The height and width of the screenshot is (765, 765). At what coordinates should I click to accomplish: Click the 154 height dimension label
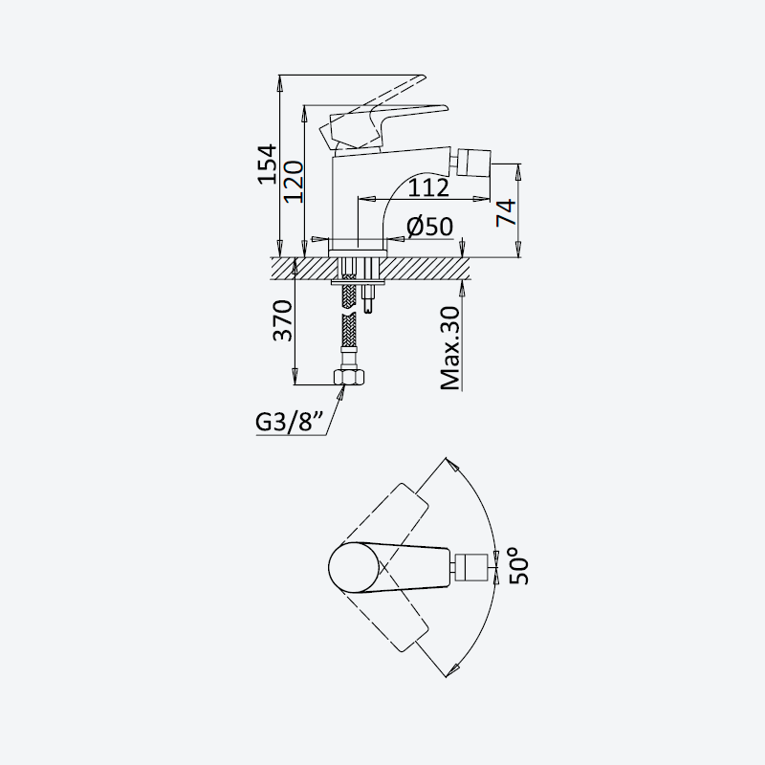[x=267, y=164]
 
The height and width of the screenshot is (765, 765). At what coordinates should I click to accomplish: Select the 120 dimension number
[x=294, y=182]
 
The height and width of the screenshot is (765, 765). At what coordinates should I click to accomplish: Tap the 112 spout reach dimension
[x=427, y=187]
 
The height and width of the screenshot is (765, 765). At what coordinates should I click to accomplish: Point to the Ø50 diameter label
[x=429, y=227]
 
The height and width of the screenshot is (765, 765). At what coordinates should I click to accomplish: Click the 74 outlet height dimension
[x=507, y=212]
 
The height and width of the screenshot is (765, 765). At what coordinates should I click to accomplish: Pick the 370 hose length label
[x=282, y=320]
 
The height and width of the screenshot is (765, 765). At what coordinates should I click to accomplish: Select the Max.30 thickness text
[x=449, y=348]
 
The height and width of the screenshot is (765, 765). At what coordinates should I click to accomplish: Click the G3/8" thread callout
[x=290, y=423]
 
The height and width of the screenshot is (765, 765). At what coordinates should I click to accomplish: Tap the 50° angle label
[x=518, y=566]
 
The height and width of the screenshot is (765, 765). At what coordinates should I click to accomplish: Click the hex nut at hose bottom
[x=348, y=377]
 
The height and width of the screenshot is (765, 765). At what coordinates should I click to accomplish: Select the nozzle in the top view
[x=471, y=567]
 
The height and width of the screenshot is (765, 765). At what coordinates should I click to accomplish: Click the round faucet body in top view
[x=353, y=567]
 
